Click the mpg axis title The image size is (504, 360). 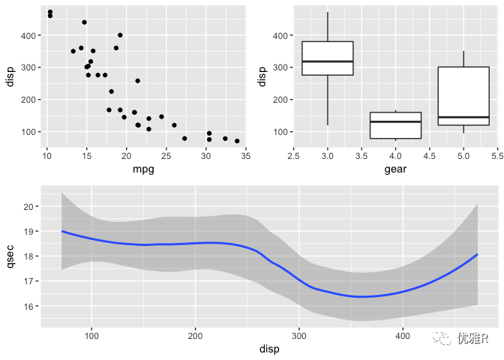pos(143,169)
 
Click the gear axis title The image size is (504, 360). pos(395,169)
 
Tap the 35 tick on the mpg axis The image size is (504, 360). pos(246,156)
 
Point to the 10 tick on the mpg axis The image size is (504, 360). pos(46,156)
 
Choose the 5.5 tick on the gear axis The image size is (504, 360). pos(497,156)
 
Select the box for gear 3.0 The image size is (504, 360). pos(328,58)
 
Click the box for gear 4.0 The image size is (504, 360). pos(395,125)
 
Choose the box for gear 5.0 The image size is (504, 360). pos(463,96)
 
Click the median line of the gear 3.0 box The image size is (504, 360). pos(328,61)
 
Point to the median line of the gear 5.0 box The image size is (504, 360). pos(463,117)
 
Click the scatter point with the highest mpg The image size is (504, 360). pos(237,141)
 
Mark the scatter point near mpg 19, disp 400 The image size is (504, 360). pos(120,35)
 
